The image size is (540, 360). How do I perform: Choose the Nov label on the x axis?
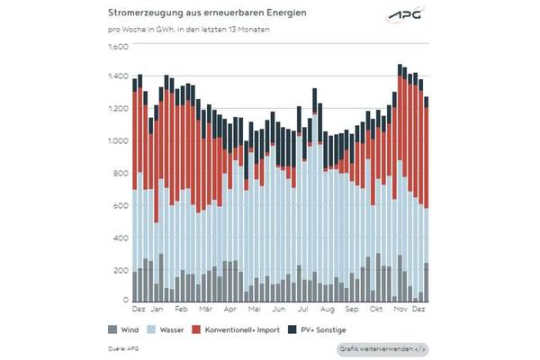coord(399,309)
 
